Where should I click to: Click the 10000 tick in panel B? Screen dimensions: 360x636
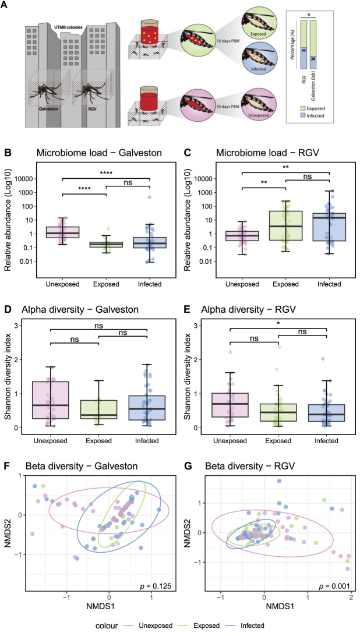point(23,179)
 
